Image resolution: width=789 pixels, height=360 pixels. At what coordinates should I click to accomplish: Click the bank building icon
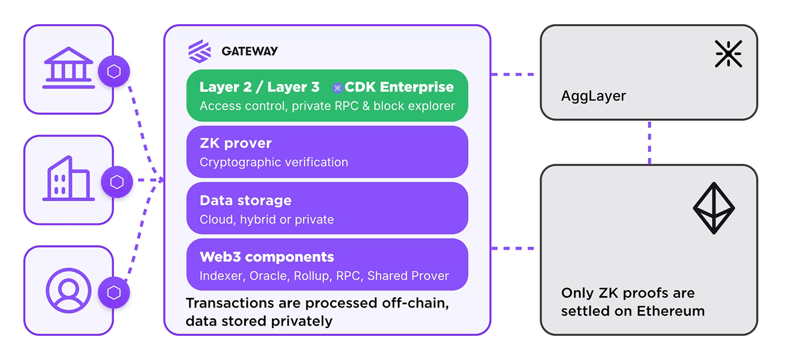(68, 68)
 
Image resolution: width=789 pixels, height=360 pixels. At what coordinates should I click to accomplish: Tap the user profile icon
(68, 290)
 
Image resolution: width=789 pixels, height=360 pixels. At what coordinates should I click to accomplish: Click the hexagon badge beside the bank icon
(114, 72)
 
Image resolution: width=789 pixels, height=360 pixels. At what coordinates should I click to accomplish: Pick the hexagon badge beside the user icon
(114, 293)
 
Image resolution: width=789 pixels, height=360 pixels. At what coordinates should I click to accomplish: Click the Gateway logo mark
(200, 51)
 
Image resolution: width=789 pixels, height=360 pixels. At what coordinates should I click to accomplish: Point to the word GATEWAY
(250, 51)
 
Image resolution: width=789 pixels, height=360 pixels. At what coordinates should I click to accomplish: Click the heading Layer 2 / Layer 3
(259, 87)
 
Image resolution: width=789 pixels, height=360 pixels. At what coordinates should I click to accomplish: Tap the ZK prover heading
(236, 144)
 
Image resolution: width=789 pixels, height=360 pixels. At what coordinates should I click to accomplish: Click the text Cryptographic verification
(274, 162)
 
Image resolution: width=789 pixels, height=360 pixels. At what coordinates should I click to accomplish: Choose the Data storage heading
(246, 200)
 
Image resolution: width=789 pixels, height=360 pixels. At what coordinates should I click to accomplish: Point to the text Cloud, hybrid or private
(267, 219)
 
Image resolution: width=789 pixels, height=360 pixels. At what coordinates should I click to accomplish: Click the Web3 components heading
(267, 257)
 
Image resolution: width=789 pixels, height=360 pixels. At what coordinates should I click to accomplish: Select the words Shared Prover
(408, 276)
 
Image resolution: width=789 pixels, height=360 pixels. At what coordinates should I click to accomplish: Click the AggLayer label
(594, 96)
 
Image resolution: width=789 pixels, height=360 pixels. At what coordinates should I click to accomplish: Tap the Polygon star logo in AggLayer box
(728, 54)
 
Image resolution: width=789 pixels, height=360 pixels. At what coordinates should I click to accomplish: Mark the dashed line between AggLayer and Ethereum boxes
(649, 142)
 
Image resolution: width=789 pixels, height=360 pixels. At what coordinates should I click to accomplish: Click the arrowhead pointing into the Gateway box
(160, 180)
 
